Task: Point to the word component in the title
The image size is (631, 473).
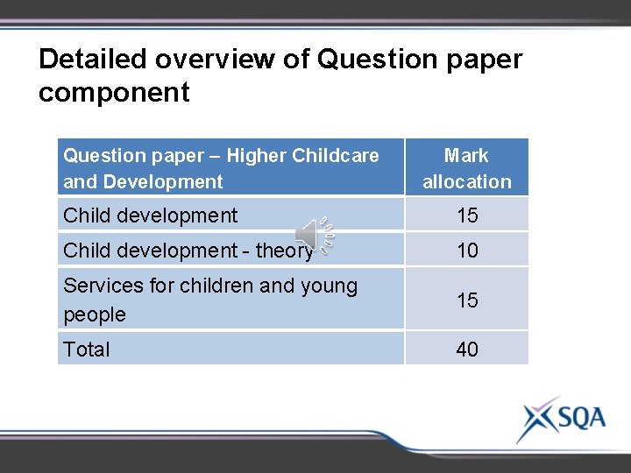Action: [114, 93]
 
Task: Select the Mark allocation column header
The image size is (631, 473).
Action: [466, 168]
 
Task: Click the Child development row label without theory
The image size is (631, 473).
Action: [150, 215]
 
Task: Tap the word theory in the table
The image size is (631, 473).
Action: [284, 251]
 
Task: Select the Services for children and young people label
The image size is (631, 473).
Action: [210, 300]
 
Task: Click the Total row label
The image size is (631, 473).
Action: [87, 349]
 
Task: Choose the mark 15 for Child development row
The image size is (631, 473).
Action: [467, 215]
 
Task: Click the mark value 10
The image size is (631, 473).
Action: [467, 251]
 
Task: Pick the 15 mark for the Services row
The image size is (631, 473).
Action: [467, 300]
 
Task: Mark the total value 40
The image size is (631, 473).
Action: [467, 349]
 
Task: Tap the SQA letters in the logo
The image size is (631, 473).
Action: [577, 418]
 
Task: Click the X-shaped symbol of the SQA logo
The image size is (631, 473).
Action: [535, 419]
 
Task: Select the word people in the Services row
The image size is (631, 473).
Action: [95, 314]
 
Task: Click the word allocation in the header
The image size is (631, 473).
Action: [466, 182]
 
